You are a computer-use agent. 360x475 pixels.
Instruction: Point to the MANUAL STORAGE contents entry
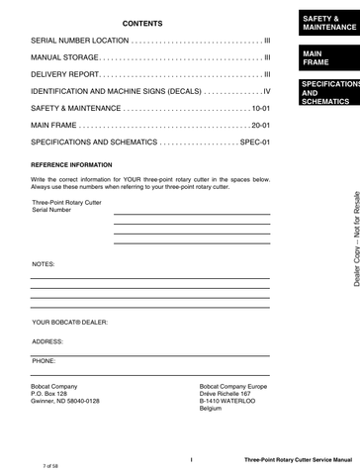64,57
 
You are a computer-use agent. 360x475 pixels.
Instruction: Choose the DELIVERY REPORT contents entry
66,74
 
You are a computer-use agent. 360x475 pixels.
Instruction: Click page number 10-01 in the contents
260,108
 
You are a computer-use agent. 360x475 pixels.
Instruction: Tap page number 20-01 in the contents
260,125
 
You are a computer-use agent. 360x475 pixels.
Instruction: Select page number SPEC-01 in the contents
255,142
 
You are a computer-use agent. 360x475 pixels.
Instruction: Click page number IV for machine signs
265,91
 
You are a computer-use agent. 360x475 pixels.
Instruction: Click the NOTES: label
44,265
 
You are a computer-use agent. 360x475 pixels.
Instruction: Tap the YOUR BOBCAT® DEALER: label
69,323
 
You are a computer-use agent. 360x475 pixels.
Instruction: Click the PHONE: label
44,361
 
